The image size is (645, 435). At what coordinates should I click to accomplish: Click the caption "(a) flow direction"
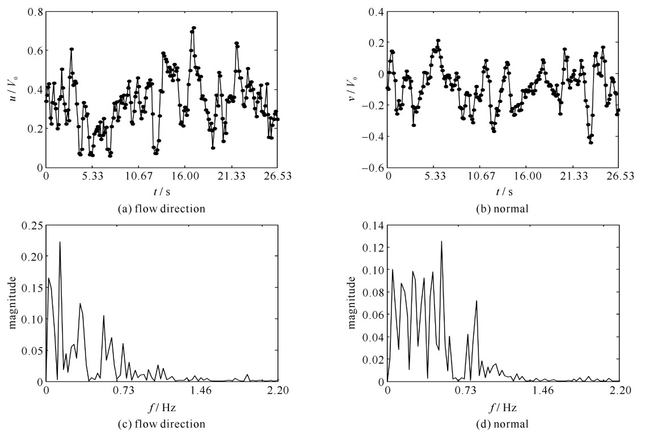coord(161,208)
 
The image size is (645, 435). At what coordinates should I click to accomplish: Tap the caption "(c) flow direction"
coord(161,423)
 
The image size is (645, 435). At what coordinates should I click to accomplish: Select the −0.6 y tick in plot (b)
coord(372,168)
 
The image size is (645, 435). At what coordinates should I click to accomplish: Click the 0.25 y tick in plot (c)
coord(32,225)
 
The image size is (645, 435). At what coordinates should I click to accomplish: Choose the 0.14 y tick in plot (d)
coord(373,225)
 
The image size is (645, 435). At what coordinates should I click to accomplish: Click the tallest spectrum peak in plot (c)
coord(60,242)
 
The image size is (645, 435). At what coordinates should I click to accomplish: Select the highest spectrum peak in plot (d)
coord(441,241)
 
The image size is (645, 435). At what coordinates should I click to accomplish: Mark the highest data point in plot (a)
coord(193,27)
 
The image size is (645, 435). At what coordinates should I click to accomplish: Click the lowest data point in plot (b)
coord(591,143)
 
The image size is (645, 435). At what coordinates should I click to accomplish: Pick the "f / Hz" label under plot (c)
coord(162,406)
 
